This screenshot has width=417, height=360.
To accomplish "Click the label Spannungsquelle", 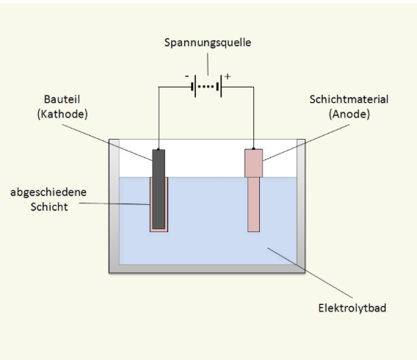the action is pos(208,43).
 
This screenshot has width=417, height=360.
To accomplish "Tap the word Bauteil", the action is pos(62,99).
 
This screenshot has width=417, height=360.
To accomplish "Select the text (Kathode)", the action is pos(62,114).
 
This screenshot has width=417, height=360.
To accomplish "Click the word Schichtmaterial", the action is pos(349,99).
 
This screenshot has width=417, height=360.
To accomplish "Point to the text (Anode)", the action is pos(349,114).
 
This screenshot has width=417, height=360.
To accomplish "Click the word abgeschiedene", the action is pos(48,192).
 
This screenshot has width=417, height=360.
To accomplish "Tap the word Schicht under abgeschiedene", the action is pos(49,206).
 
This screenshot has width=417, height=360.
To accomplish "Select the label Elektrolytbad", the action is pos(352,308).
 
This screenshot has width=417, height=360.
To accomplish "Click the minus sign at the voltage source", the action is pos(187,76).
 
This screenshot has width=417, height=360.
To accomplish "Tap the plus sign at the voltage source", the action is pos(228,76).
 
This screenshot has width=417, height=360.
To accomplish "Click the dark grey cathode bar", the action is pos(159,189).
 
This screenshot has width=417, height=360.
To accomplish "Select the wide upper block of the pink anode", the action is pos(254,163).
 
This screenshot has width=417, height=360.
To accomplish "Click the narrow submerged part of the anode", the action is pos(254,204).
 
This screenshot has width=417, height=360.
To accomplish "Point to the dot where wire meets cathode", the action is pos(159,149).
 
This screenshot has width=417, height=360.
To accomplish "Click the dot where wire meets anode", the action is pos(253,148).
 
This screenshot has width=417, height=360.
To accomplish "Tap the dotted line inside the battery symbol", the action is pos(206,87).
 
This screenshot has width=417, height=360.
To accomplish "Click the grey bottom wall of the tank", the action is pos(207,269).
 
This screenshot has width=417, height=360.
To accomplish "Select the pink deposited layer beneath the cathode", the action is pos(159,230).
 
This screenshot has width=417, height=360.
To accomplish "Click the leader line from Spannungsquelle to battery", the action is pos(208,65).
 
